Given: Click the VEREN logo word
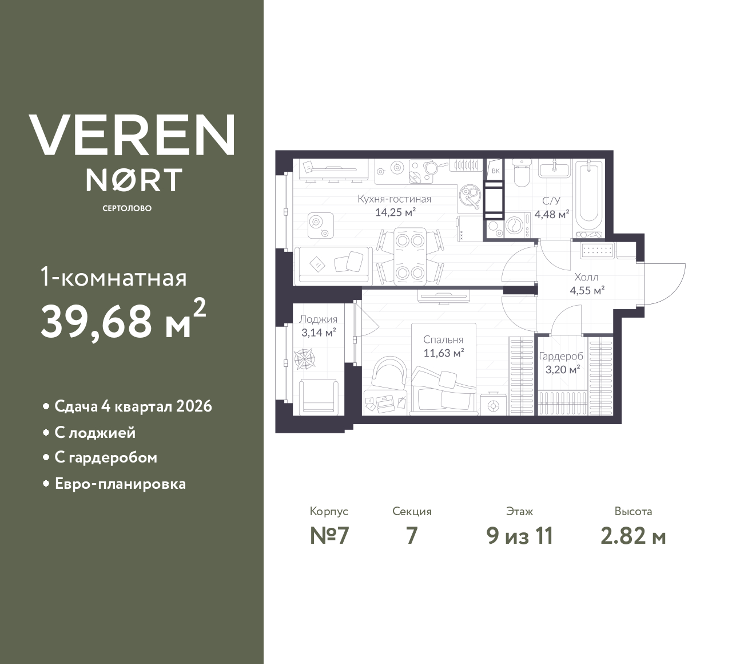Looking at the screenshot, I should click(132, 135).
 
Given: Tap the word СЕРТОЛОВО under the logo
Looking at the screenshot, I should click(127, 208).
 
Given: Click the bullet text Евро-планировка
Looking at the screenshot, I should click(120, 484).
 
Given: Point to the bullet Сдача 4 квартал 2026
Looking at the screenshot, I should click(133, 406).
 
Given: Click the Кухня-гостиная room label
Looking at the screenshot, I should click(394, 199).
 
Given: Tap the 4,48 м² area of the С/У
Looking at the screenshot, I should click(551, 215).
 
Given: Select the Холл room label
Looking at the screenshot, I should click(586, 277).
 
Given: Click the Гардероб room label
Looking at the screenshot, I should click(561, 356).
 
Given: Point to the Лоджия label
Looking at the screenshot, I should click(318, 319).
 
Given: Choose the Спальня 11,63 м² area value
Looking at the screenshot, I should click(443, 353).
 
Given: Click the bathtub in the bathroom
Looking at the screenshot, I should click(589, 197).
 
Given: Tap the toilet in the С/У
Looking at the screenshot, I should click(521, 175).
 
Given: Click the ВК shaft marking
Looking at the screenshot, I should click(495, 171).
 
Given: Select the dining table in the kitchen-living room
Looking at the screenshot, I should click(410, 256).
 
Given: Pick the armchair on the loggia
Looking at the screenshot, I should click(318, 395).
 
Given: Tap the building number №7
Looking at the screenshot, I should click(329, 536).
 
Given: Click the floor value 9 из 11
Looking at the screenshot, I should click(520, 536).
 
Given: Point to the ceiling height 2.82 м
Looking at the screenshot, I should click(633, 536).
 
